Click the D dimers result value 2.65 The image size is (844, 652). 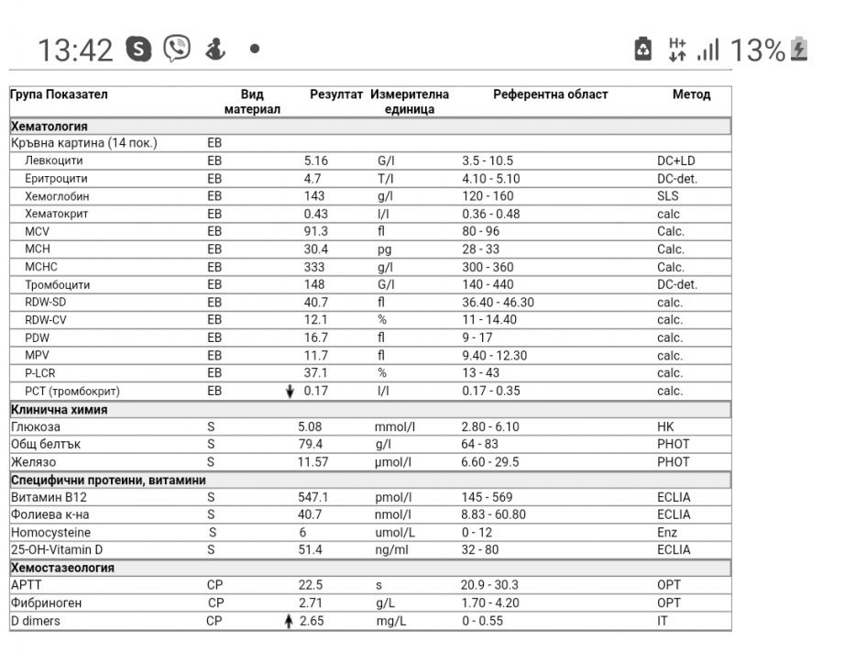[x=312, y=621]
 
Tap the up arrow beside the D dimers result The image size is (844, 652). [x=290, y=621]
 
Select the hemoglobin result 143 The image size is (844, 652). [x=314, y=196]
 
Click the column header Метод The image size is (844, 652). [x=691, y=94]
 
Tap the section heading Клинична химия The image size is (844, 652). [x=59, y=409]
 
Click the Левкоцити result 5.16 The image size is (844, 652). [x=315, y=160]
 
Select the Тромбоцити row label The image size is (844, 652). [x=57, y=285]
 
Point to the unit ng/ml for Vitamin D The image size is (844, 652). [x=392, y=550]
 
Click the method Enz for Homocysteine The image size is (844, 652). [x=667, y=533]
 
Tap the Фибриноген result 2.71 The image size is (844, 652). [x=312, y=603]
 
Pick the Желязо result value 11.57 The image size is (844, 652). [x=312, y=462]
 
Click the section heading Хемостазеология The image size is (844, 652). [x=62, y=568]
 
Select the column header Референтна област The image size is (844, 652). [x=550, y=94]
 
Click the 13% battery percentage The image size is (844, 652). [x=757, y=50]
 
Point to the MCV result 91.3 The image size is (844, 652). [x=315, y=232]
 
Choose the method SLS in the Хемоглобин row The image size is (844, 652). [x=668, y=196]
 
